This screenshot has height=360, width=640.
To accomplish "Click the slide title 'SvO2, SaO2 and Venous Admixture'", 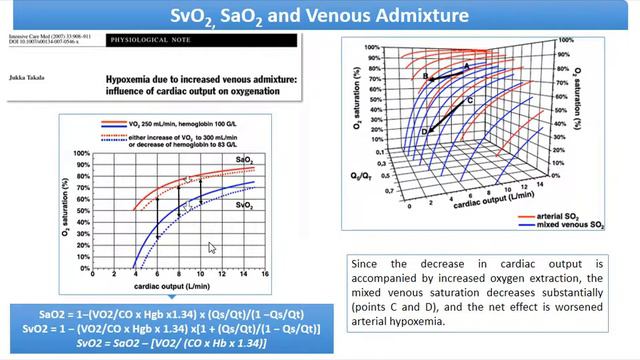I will click(x=320, y=15).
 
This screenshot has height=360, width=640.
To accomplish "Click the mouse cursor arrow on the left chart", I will click(x=211, y=247).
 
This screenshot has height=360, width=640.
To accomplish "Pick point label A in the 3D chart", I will click(x=466, y=65).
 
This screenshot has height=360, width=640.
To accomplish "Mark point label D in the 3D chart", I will click(x=424, y=131).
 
